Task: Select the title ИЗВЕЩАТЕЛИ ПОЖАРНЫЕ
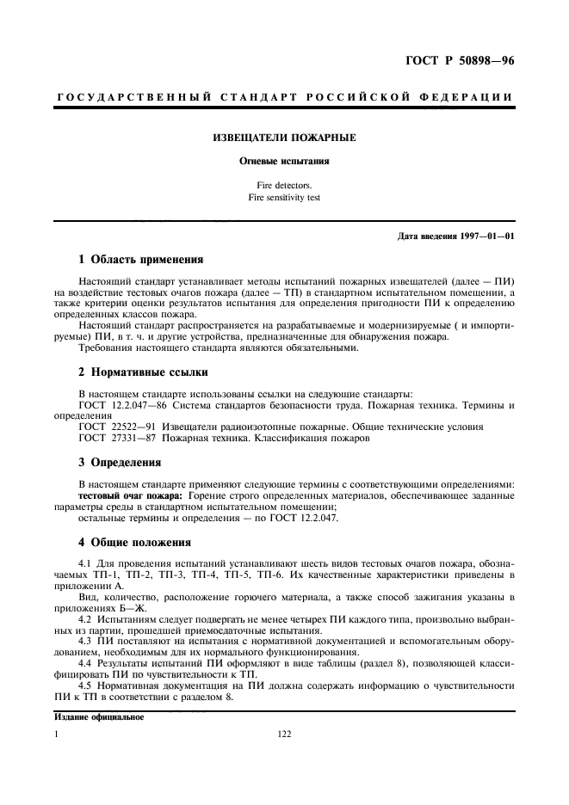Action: coord(284,138)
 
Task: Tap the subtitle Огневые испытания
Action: coord(284,160)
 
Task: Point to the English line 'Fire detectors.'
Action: coord(284,185)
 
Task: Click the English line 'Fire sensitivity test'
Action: coord(284,198)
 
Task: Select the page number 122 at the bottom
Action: coord(284,734)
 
